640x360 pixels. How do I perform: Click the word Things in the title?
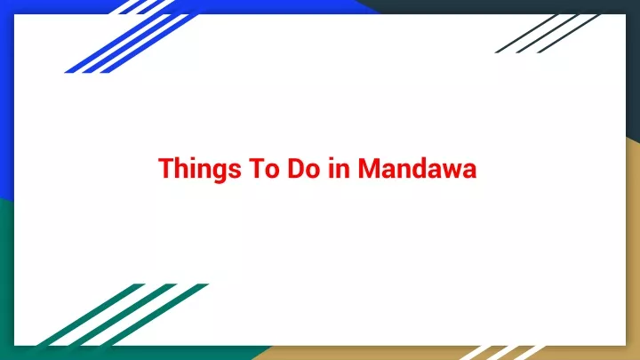pyautogui.click(x=200, y=169)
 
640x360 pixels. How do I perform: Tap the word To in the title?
pyautogui.click(x=264, y=168)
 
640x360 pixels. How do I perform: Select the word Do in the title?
pyautogui.click(x=304, y=168)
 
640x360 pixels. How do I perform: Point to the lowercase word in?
pyautogui.click(x=340, y=168)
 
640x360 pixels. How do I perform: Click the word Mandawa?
pyautogui.click(x=417, y=168)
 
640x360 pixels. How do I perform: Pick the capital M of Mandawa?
pyautogui.click(x=369, y=168)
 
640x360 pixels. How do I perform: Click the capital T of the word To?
pyautogui.click(x=255, y=168)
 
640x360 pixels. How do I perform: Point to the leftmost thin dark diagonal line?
pyautogui.click(x=526, y=34)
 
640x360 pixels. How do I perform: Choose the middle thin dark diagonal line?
pyautogui.click(x=548, y=34)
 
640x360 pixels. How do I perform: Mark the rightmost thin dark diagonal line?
pyautogui.click(x=569, y=34)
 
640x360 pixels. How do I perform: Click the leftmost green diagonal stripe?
pyautogui.click(x=90, y=315)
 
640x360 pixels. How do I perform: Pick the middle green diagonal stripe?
pyautogui.click(x=122, y=315)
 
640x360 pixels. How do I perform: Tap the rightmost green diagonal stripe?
pyautogui.click(x=154, y=315)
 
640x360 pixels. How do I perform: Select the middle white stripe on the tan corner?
pyautogui.click(x=501, y=353)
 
